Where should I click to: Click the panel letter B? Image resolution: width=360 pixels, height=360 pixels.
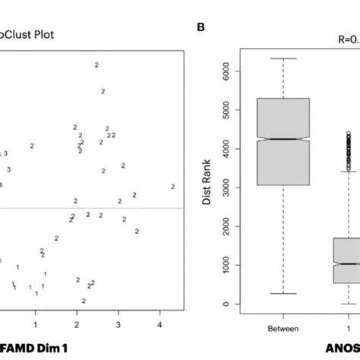pos(201,29)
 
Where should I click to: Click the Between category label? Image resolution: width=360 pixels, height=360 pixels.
pos(283,329)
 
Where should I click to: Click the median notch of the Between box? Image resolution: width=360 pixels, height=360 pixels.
pos(283,139)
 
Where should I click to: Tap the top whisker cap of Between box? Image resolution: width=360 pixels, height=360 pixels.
pos(283,58)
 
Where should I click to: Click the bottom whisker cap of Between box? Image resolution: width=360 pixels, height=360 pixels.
pos(283,293)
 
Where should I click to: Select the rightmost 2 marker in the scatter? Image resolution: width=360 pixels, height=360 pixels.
pos(173,186)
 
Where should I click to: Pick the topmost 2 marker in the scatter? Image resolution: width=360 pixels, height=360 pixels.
pos(96,65)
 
